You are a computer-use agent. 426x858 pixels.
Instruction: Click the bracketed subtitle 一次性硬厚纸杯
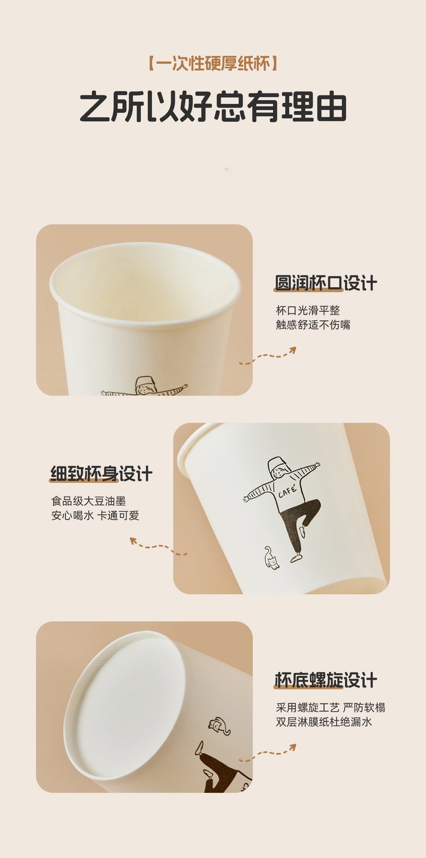(213, 63)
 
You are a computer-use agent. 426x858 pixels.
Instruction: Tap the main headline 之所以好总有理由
(213, 107)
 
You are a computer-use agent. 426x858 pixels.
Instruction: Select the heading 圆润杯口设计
(326, 283)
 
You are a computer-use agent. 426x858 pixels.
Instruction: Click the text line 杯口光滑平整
(308, 310)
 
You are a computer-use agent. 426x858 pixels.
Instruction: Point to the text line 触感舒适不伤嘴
(313, 325)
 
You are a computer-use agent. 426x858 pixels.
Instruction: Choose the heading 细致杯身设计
(101, 474)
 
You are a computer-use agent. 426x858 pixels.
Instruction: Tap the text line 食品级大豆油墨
(89, 501)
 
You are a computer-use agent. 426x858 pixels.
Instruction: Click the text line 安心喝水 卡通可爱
(95, 516)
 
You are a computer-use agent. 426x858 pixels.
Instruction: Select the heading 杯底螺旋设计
(326, 680)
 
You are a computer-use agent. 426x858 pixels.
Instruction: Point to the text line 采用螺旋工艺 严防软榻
(331, 708)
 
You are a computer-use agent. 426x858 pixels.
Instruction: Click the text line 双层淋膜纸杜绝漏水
(324, 722)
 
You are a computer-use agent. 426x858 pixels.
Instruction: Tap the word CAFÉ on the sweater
(287, 491)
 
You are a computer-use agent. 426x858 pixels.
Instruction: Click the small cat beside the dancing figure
(271, 558)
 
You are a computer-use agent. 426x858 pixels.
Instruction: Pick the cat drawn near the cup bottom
(219, 726)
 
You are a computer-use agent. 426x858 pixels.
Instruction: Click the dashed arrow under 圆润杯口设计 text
(268, 356)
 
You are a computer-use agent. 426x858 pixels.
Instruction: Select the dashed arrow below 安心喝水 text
(158, 547)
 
